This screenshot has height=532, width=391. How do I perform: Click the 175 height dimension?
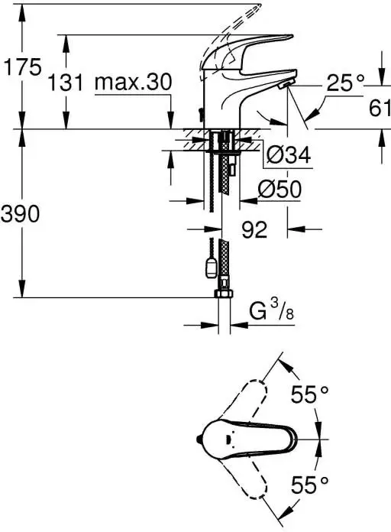point(21,67)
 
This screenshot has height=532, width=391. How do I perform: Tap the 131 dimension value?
point(66,82)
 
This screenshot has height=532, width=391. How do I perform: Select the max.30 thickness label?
point(134,82)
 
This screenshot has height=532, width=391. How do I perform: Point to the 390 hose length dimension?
point(21,215)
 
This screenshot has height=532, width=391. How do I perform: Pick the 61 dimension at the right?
point(379,109)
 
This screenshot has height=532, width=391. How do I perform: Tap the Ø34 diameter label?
point(289,156)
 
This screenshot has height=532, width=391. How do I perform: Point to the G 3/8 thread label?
point(272,312)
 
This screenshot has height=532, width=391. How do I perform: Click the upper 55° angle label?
point(309,395)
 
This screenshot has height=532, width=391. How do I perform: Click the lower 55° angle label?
point(309,483)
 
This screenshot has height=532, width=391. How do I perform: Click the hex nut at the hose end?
point(223,295)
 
